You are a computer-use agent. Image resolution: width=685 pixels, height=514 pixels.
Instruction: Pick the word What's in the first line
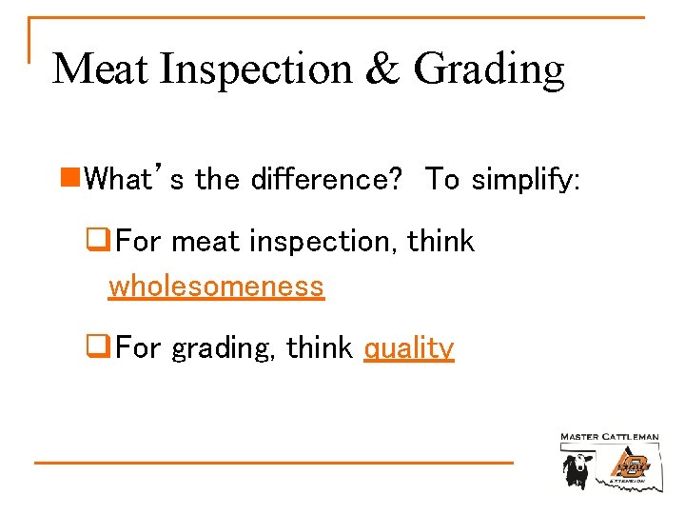pyautogui.click(x=134, y=177)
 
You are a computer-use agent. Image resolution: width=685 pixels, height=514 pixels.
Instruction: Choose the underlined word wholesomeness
pyautogui.click(x=217, y=286)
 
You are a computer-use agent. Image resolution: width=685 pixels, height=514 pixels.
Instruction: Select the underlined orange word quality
pyautogui.click(x=409, y=349)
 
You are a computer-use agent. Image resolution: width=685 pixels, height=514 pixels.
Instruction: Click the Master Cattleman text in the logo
pyautogui.click(x=609, y=437)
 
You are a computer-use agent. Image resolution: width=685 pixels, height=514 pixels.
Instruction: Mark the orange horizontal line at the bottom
pyautogui.click(x=274, y=463)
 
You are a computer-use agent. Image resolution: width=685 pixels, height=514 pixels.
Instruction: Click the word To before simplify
pyautogui.click(x=442, y=177)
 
